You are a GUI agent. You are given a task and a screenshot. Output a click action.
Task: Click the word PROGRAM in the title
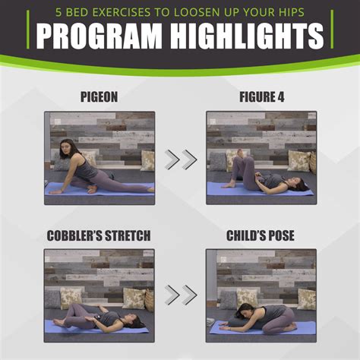pos(99,36)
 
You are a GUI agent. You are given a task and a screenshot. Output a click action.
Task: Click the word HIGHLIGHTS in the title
pos(247,36)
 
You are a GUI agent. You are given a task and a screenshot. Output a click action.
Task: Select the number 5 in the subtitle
pos(58,12)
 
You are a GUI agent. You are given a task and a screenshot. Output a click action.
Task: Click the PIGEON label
pos(99,97)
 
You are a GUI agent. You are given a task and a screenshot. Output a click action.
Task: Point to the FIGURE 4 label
pos(262,97)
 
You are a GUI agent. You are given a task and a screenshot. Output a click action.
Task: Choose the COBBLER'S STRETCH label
pos(99,235)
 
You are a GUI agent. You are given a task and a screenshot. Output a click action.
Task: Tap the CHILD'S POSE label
pos(261,235)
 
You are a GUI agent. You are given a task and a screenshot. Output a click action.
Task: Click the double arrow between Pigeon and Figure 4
pos(181,159)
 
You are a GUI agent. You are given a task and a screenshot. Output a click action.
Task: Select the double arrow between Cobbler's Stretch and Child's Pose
pos(181,295)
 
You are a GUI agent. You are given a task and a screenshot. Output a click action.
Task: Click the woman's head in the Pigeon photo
pos(66,150)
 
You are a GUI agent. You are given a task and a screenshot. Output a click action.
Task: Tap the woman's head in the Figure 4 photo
pos(298,184)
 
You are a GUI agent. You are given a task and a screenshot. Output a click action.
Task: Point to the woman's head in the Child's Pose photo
pos(244,311)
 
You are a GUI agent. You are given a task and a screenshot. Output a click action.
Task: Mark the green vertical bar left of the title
pos(28,29)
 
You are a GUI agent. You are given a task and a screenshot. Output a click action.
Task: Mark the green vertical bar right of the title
pos(332,29)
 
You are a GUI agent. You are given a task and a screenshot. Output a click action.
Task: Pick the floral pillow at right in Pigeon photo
pos(147,160)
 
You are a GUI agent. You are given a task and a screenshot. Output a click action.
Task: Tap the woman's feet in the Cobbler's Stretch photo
pos(58,323)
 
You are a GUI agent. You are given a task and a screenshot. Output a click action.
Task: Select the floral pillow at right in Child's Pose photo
pos(307,299)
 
